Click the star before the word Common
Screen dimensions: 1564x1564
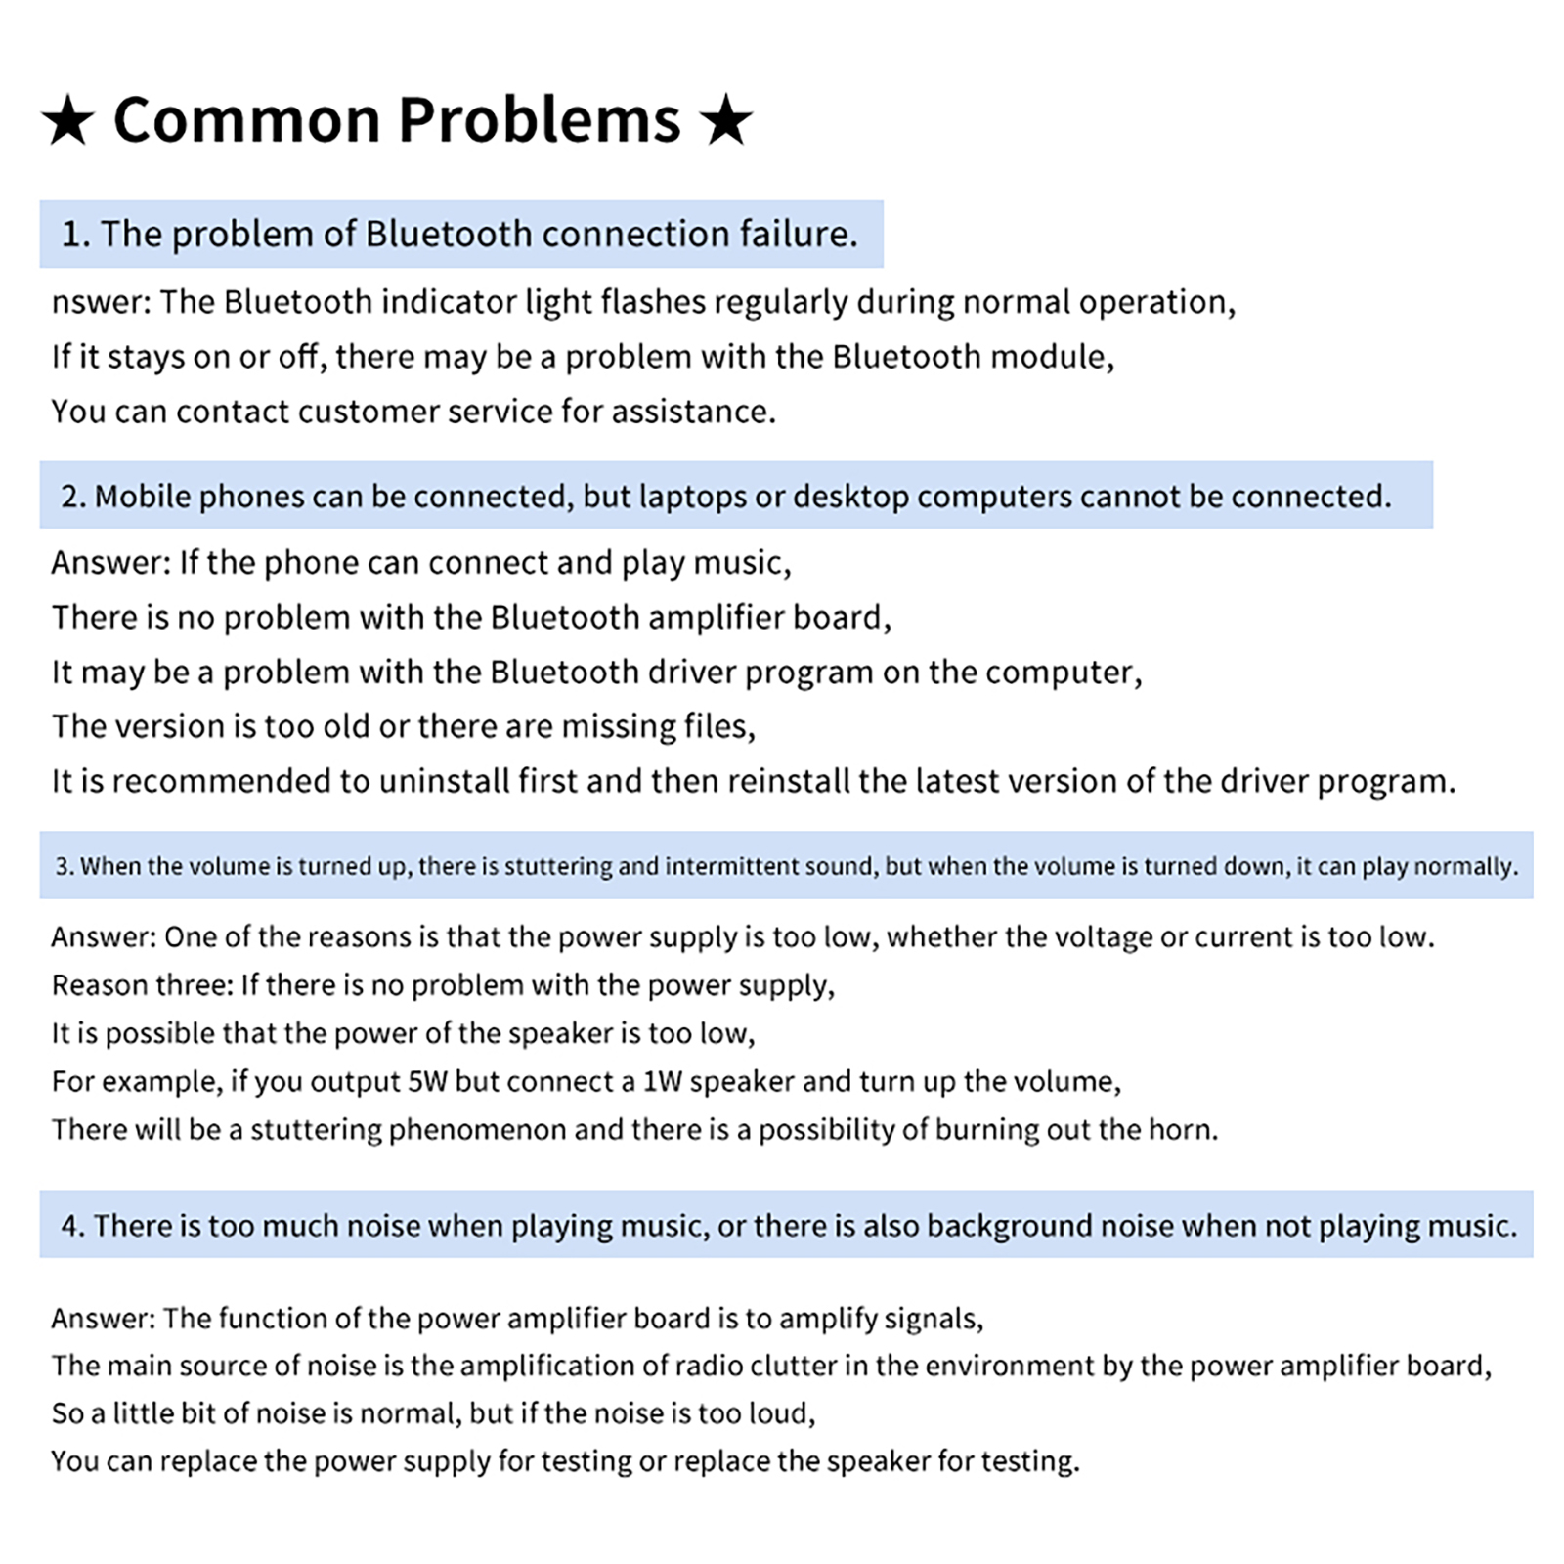click(x=67, y=122)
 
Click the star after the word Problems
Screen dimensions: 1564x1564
click(x=726, y=122)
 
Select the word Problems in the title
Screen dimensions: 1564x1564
click(x=540, y=120)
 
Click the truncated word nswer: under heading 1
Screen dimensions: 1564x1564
click(x=101, y=302)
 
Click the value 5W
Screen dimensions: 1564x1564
click(x=427, y=1081)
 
